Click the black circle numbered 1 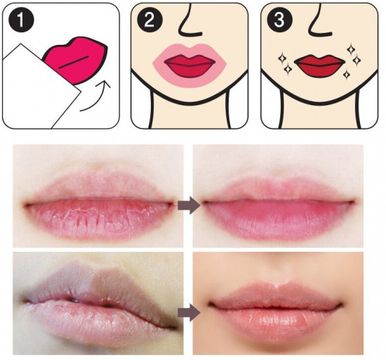click(x=21, y=20)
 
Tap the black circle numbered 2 click(x=149, y=20)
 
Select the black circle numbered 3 click(x=280, y=20)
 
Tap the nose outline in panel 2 click(x=189, y=21)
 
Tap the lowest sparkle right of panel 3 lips click(x=347, y=74)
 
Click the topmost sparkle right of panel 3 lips click(x=351, y=49)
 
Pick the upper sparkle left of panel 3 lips click(x=282, y=58)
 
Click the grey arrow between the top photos click(x=189, y=205)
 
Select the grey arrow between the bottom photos click(x=189, y=312)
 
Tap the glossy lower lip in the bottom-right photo click(x=276, y=320)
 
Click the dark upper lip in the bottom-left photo click(x=98, y=286)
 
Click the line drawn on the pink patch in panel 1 click(x=74, y=62)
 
